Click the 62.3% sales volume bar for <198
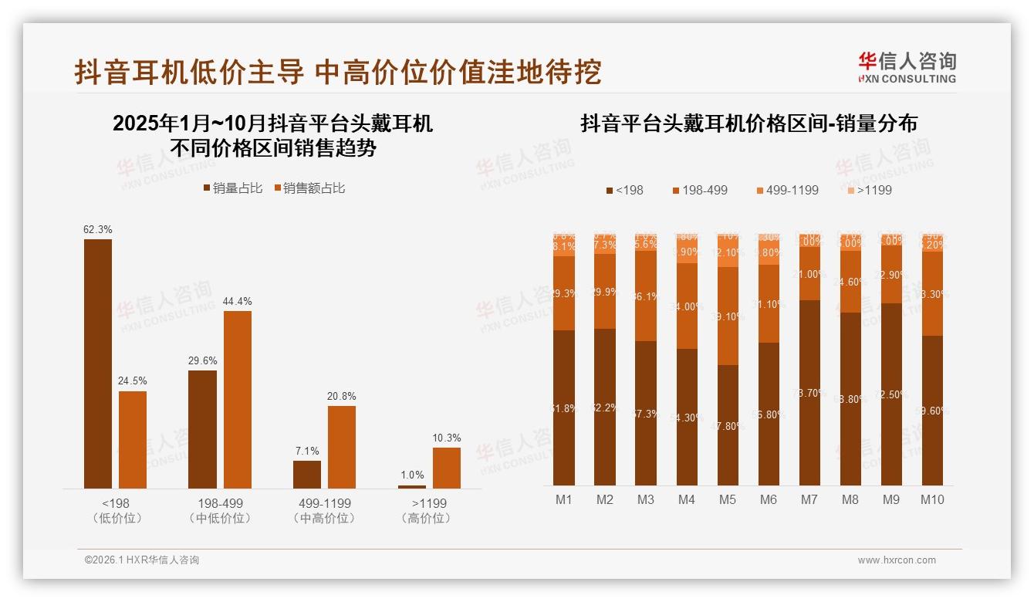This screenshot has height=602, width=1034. point(98,363)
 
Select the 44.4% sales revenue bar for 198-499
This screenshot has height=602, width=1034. point(238,399)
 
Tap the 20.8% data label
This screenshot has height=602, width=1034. point(341,396)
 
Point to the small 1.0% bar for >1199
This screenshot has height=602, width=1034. point(411,486)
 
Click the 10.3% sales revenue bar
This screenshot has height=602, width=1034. point(446,468)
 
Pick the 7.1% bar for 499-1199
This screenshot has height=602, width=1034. point(306,474)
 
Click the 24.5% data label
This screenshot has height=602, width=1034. point(133,381)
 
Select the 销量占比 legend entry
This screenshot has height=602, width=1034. point(232,188)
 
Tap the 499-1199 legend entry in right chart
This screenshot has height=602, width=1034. point(786,190)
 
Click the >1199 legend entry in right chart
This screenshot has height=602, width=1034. point(869,190)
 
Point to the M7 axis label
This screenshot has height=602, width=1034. point(809,499)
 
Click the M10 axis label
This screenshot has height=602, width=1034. point(932,499)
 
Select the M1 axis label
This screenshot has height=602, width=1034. point(564,499)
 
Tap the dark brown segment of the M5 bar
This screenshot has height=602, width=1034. point(728,424)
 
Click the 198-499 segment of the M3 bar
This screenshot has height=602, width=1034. point(646,296)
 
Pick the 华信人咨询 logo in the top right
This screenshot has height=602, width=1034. point(907,67)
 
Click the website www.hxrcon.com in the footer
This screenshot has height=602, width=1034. point(896,560)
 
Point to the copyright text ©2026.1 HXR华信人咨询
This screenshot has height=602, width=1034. point(141,560)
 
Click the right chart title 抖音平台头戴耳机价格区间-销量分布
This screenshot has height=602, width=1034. point(748,123)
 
